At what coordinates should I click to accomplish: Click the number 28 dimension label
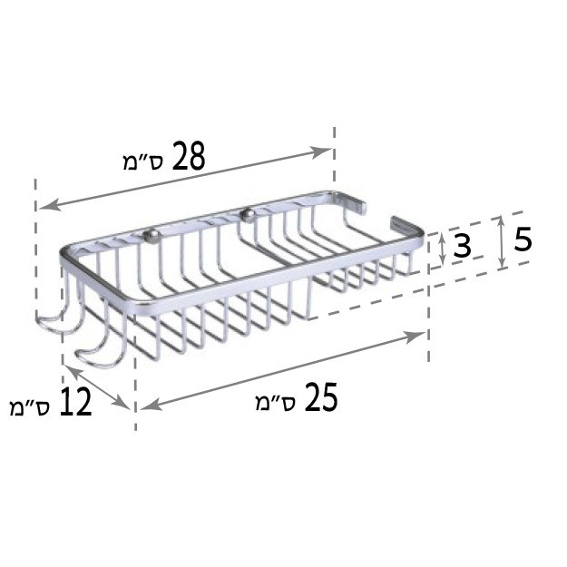pyautogui.click(x=189, y=156)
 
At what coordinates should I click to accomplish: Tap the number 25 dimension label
pyautogui.click(x=321, y=397)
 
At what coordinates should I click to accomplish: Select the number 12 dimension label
pyautogui.click(x=75, y=401)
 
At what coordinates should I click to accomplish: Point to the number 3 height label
pyautogui.click(x=462, y=245)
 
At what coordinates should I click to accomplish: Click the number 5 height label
pyautogui.click(x=523, y=239)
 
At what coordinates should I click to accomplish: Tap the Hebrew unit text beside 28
pyautogui.click(x=144, y=162)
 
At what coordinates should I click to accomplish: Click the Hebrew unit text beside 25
pyautogui.click(x=277, y=403)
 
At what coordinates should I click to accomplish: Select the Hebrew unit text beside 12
pyautogui.click(x=31, y=407)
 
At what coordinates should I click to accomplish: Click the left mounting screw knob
pyautogui.click(x=152, y=237)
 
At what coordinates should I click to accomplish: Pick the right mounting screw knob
pyautogui.click(x=248, y=215)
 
